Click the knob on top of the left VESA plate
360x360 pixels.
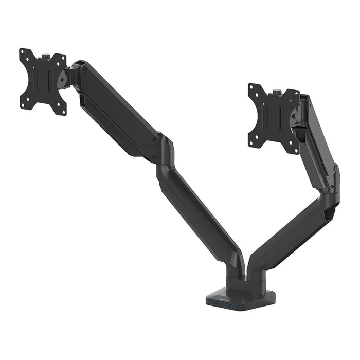click(x=45, y=54)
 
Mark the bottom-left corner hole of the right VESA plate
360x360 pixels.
click(x=252, y=143)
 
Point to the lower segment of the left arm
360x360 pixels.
click(x=201, y=216)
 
